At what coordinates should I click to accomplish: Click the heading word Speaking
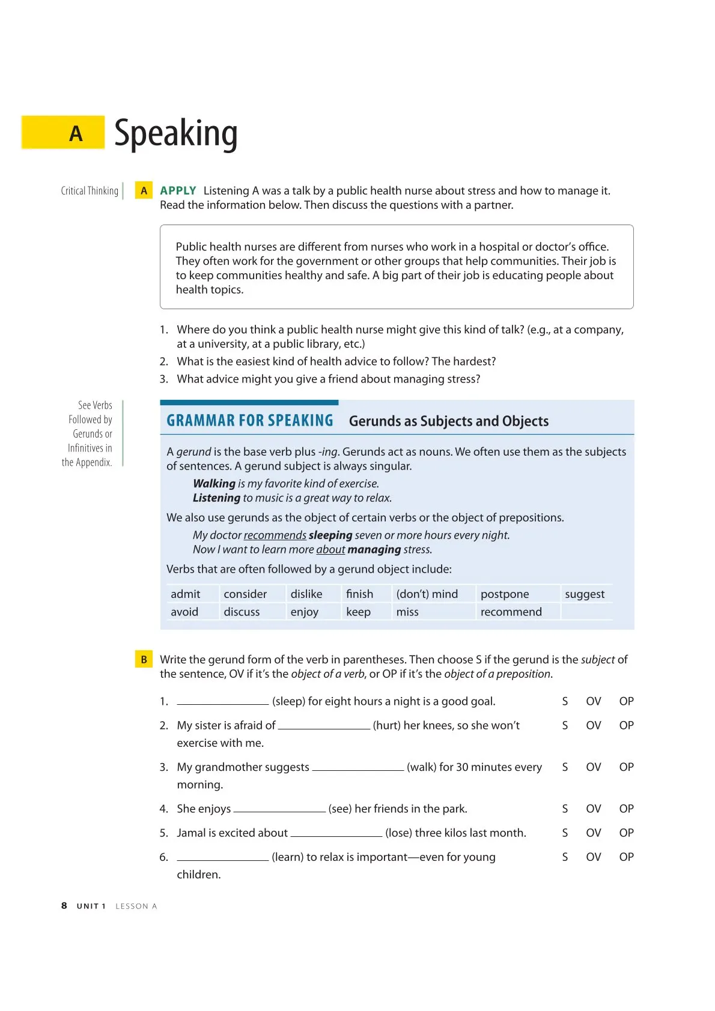coord(175,134)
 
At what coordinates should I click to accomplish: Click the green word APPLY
coord(178,191)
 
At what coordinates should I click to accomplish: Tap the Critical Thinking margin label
coord(90,191)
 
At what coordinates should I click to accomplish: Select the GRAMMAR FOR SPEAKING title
coord(249,421)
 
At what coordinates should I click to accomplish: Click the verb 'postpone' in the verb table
coord(505,594)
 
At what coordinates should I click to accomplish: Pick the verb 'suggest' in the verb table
coord(584,594)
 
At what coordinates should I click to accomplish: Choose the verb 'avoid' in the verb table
coord(184,612)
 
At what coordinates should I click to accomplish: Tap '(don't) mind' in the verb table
coord(427,594)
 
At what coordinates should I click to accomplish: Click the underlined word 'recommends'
coord(275,536)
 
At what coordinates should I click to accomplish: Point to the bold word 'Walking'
coord(214,484)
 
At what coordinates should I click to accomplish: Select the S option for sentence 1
coord(565,701)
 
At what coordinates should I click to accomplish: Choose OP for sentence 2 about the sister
coord(626,725)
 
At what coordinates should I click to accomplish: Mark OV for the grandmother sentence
coord(593,767)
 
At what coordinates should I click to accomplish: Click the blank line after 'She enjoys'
coord(279,810)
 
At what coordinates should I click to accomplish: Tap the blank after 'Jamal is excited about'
coord(336,834)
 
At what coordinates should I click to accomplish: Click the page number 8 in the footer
coord(64,906)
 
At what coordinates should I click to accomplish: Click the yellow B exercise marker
coord(144,660)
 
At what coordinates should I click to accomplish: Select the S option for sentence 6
coord(565,857)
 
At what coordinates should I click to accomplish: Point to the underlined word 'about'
coord(330,550)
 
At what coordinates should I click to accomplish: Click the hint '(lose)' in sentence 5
coord(398,833)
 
